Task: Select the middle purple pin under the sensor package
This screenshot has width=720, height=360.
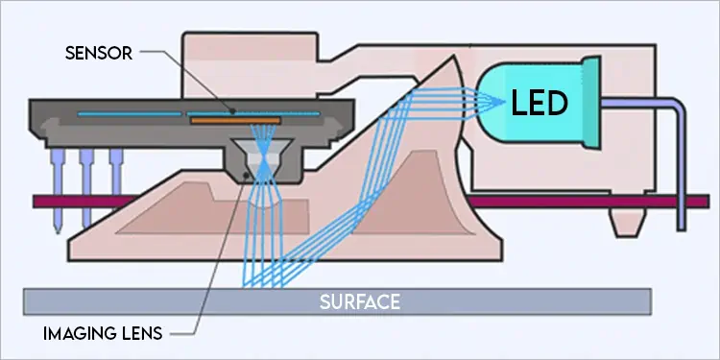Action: tap(87, 182)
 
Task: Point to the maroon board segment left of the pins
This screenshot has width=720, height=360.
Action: tap(42, 202)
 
